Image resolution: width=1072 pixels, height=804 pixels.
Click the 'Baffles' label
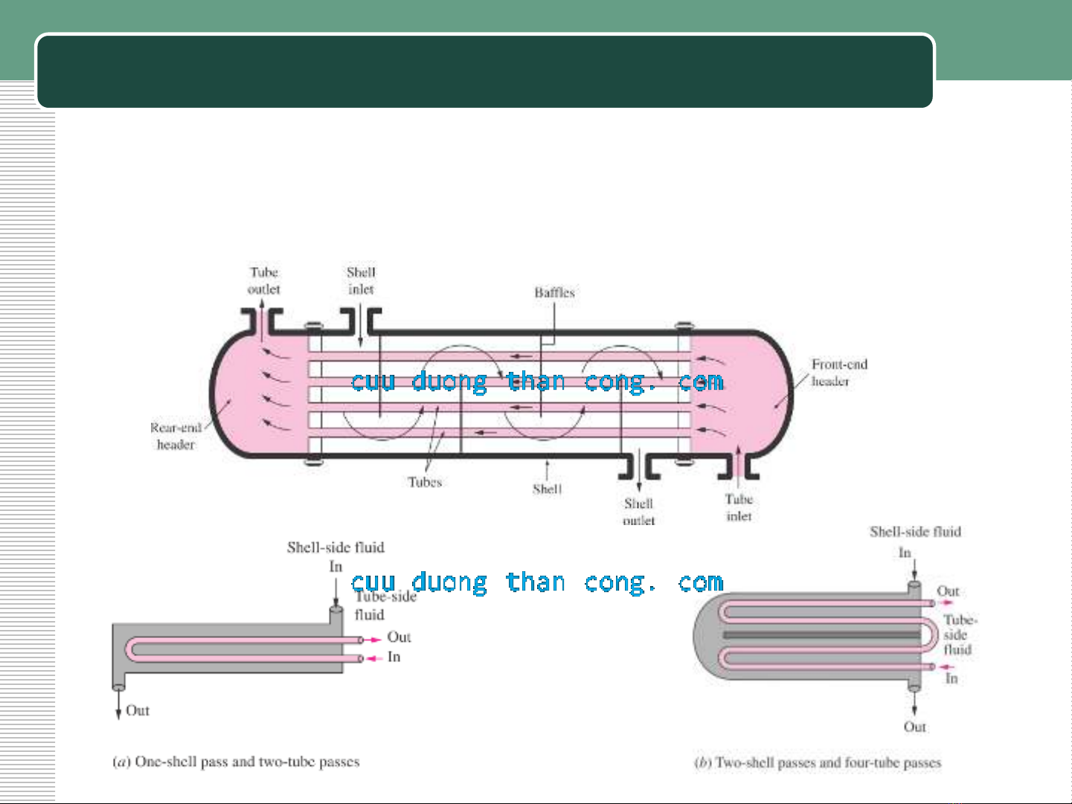(554, 292)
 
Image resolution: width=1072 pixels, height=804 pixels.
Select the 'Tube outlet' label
(264, 281)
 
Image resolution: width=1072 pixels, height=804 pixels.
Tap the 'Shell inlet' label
(361, 281)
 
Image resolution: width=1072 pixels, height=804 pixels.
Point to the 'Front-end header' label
(838, 373)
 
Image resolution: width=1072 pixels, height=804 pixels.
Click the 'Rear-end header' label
(176, 436)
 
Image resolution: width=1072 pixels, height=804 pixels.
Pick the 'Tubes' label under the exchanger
(425, 482)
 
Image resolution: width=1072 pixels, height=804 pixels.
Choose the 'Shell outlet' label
(639, 512)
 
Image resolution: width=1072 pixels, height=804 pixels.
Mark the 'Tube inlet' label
(739, 507)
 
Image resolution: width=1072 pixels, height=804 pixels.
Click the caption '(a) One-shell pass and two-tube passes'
(236, 762)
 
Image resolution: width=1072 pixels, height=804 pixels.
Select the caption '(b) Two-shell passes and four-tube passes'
(818, 762)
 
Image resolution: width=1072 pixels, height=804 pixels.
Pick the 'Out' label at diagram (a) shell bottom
(138, 710)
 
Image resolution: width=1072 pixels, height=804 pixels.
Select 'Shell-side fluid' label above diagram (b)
(915, 532)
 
